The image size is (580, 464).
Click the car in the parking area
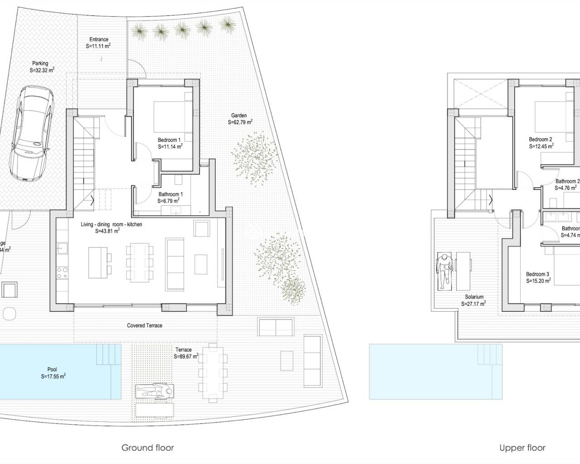pyautogui.click(x=30, y=134)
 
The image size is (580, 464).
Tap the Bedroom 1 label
pyautogui.click(x=169, y=140)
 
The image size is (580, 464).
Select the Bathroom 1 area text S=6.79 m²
pyautogui.click(x=169, y=200)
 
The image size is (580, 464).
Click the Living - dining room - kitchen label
pyautogui.click(x=111, y=224)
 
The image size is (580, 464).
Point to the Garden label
pyautogui.click(x=239, y=116)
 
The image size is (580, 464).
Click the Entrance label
pyautogui.click(x=98, y=40)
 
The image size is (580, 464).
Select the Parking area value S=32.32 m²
pyautogui.click(x=42, y=71)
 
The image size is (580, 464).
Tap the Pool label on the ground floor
pyautogui.click(x=52, y=369)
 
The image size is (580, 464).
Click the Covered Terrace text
pyautogui.click(x=145, y=325)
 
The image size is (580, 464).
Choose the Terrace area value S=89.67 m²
pyautogui.click(x=186, y=357)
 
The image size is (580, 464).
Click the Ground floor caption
pyautogui.click(x=147, y=448)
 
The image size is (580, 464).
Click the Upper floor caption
pyautogui.click(x=522, y=448)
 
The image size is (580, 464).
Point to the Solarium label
pyautogui.click(x=474, y=297)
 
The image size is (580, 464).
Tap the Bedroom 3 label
pyautogui.click(x=537, y=274)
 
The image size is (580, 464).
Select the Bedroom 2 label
pyautogui.click(x=540, y=140)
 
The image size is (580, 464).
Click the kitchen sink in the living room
pyautogui.click(x=63, y=248)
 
